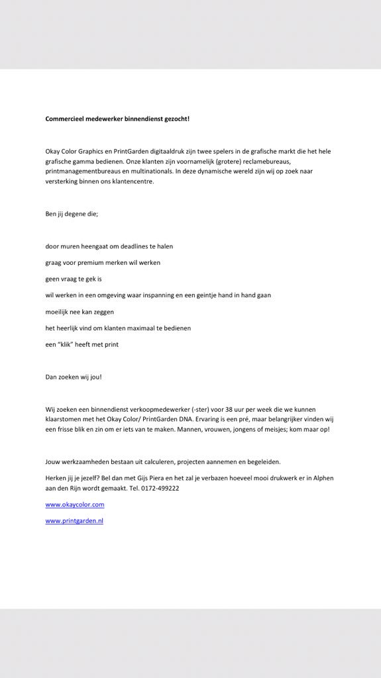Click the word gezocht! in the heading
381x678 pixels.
pyautogui.click(x=174, y=119)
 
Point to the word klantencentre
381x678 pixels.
pyautogui.click(x=133, y=181)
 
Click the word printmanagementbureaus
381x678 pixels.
pyautogui.click(x=83, y=171)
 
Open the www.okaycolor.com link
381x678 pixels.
pyautogui.click(x=74, y=505)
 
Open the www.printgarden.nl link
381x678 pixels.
pyautogui.click(x=74, y=521)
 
